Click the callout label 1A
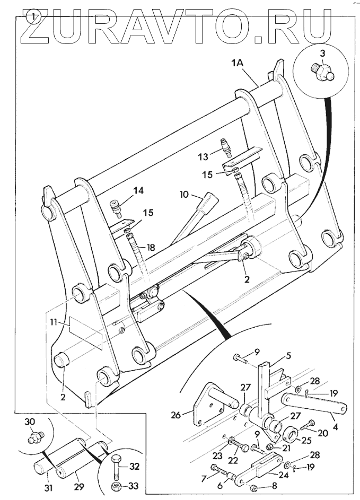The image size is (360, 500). (237, 63)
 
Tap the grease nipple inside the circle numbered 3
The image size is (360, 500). (322, 71)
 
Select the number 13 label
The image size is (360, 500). (203, 156)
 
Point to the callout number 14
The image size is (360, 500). (138, 191)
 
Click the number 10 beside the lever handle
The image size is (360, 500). (185, 194)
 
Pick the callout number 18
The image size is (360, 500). (150, 247)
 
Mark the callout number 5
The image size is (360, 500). (288, 356)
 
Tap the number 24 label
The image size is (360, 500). (284, 475)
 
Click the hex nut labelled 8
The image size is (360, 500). (254, 488)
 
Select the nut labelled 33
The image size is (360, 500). (116, 487)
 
